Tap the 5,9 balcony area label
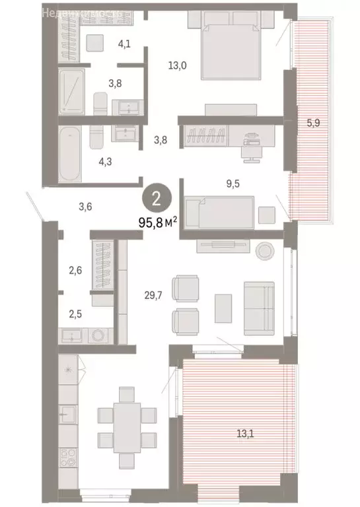pyautogui.click(x=322, y=122)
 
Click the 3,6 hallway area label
pyautogui.click(x=85, y=207)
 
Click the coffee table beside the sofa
pyautogui.click(x=223, y=308)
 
